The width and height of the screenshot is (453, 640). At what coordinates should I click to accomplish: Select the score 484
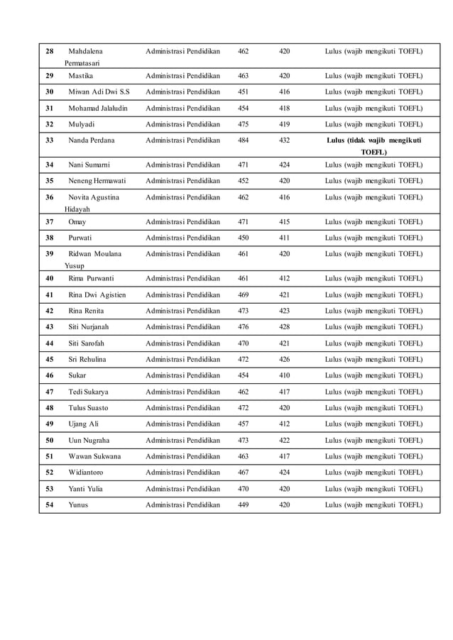pyautogui.click(x=244, y=140)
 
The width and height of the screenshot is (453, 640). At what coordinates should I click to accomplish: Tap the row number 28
pyautogui.click(x=49, y=52)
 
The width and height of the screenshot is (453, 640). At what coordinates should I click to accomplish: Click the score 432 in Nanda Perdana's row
pyautogui.click(x=284, y=140)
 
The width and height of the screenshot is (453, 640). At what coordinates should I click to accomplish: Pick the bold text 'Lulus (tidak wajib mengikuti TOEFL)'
pyautogui.click(x=373, y=146)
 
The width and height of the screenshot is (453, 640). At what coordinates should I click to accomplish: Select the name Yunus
pyautogui.click(x=78, y=505)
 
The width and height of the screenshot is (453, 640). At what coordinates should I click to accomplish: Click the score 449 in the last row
pyautogui.click(x=244, y=505)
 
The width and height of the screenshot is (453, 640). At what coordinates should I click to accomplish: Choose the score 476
pyautogui.click(x=244, y=327)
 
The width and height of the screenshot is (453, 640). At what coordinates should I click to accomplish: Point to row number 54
pyautogui.click(x=49, y=505)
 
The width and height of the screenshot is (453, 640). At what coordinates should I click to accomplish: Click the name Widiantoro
pyautogui.click(x=86, y=473)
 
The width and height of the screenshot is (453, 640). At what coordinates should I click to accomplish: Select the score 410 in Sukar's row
pyautogui.click(x=284, y=375)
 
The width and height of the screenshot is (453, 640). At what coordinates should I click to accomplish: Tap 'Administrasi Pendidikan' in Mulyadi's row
pyautogui.click(x=182, y=124)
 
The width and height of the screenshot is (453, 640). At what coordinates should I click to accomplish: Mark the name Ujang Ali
pyautogui.click(x=83, y=424)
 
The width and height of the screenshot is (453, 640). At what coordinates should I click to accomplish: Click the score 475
pyautogui.click(x=244, y=124)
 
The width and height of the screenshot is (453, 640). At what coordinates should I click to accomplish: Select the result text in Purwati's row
pyautogui.click(x=373, y=238)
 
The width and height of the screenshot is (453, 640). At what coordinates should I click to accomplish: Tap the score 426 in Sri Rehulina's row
pyautogui.click(x=284, y=359)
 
